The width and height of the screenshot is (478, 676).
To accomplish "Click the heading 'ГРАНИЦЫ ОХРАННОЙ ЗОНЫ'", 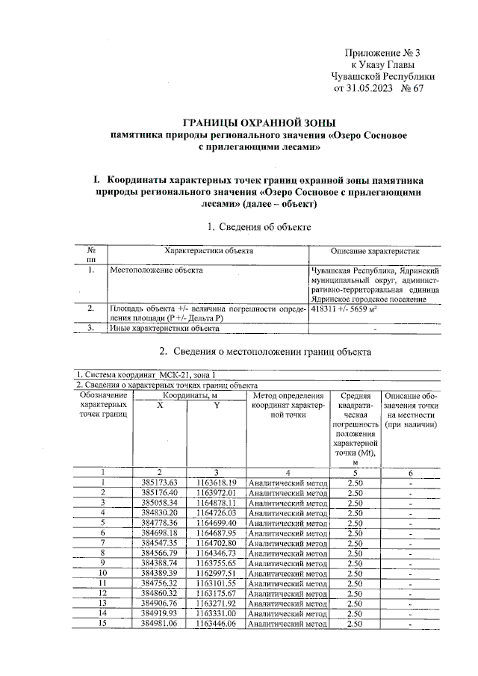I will [x=260, y=123].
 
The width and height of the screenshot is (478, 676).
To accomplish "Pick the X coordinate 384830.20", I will [x=158, y=512].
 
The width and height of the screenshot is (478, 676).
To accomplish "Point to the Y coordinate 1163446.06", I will [x=216, y=623].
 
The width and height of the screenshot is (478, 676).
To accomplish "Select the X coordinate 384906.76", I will [x=158, y=603].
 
